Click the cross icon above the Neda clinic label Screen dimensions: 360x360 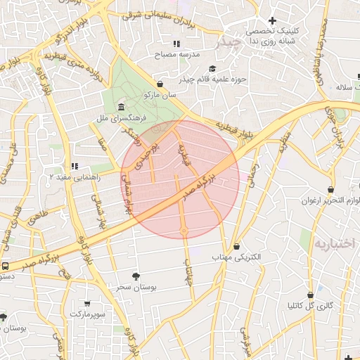point(272,20)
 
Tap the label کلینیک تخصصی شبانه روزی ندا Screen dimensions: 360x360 point(271,37)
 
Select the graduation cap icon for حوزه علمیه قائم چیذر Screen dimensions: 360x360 point(212,69)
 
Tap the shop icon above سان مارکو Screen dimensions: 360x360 point(161,84)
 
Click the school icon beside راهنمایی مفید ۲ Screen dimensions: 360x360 point(75,167)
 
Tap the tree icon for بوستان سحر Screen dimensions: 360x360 point(136,276)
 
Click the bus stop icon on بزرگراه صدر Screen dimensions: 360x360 point(5,266)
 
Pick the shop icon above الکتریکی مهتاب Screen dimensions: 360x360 point(236,247)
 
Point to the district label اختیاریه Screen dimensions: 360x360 point(335,243)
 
